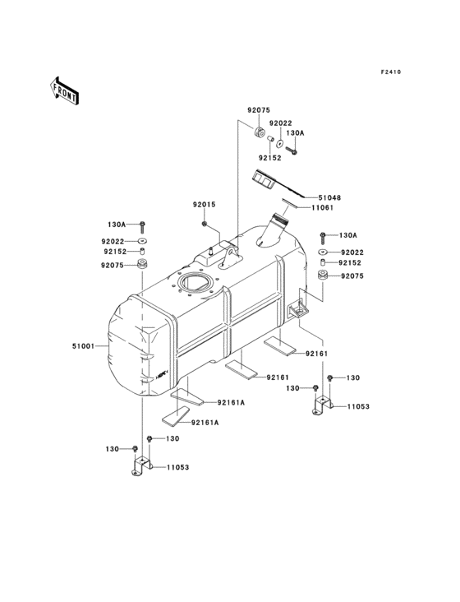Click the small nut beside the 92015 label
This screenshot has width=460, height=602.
[x=203, y=223]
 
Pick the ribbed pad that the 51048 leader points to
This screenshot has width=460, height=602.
[x=264, y=180]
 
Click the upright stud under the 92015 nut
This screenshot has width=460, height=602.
[x=211, y=249]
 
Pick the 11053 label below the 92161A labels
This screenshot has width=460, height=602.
[x=178, y=467]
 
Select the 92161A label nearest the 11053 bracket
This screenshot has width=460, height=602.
[x=205, y=422]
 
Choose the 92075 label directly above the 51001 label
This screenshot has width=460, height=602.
[x=113, y=266]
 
